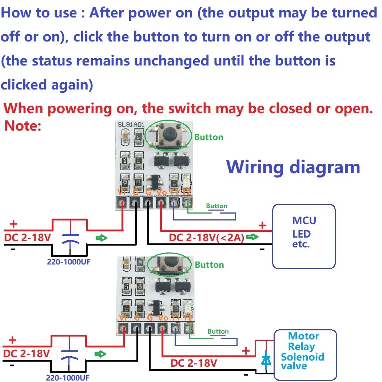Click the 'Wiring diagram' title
[x=293, y=167]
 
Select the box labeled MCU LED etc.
[x=304, y=236]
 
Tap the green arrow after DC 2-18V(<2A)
[x=252, y=238]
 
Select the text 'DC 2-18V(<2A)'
[x=207, y=238]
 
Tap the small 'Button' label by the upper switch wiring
[x=216, y=206]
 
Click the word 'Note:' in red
[x=23, y=126]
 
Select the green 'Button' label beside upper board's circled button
[x=208, y=137]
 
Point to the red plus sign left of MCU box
[x=262, y=226]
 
